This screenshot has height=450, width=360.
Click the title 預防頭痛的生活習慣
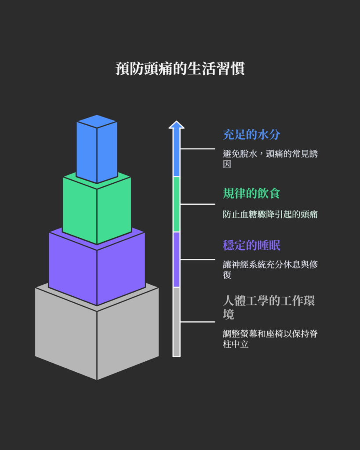coord(180,69)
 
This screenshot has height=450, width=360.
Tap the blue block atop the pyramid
coord(97,149)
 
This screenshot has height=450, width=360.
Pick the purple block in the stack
coord(97,268)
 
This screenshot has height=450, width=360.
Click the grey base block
coord(97,338)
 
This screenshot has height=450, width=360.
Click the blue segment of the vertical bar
coord(176,154)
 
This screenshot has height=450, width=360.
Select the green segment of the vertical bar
coord(176,204)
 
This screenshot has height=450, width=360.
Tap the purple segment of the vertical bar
coord(176,259)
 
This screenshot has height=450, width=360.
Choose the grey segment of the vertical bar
coord(176,321)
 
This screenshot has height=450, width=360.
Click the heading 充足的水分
coord(251,134)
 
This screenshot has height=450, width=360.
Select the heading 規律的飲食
coord(251,193)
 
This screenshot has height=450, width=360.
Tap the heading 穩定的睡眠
coord(251,245)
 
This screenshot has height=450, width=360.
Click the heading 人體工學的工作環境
coord(268,307)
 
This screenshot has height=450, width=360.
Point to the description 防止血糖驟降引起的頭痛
coord(270,214)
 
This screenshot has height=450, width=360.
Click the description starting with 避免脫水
coord(270,159)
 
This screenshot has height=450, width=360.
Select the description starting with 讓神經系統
coord(270,269)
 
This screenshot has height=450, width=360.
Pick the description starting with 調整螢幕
coord(270,339)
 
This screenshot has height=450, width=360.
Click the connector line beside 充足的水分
coord(197,149)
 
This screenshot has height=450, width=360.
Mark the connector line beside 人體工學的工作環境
coord(197,322)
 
